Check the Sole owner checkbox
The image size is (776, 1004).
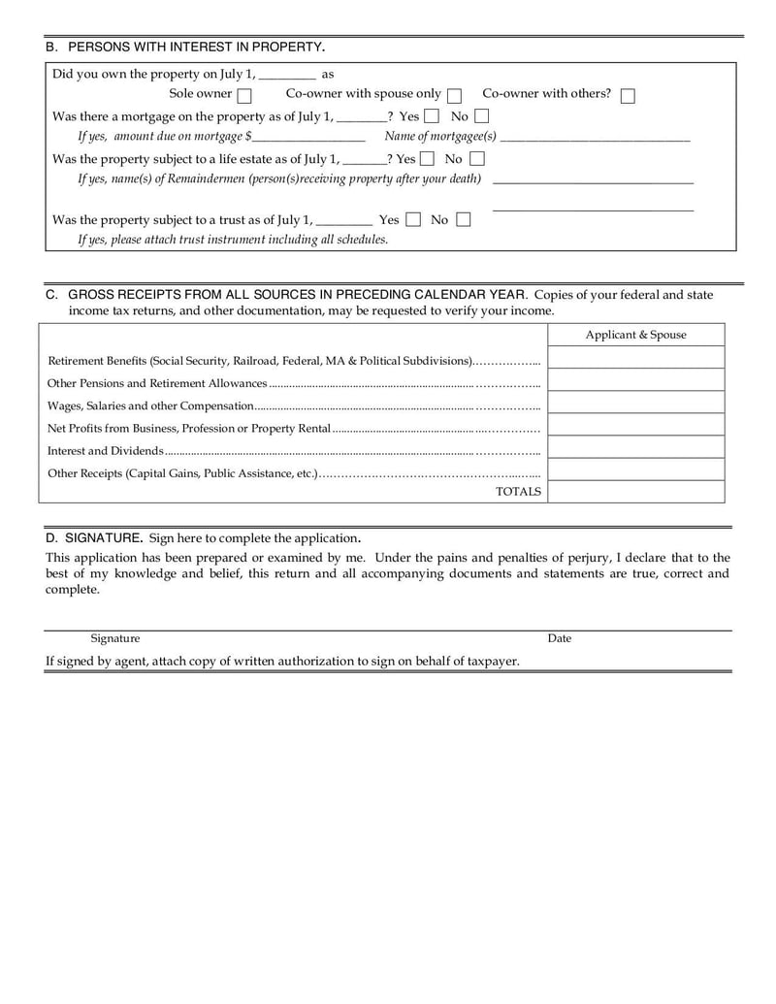pos(244,95)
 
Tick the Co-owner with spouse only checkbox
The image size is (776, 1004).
pos(454,95)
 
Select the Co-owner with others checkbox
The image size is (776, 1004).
pos(628,95)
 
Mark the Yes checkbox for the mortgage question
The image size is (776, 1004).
pos(432,116)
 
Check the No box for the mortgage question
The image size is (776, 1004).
pos(481,116)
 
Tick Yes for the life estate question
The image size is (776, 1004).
pos(427,159)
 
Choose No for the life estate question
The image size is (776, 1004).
pos(476,159)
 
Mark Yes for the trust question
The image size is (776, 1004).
pos(413,220)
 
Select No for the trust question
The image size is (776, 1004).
pos(463,220)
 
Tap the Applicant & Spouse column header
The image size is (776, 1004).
pos(635,335)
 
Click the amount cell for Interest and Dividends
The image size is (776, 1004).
pos(635,447)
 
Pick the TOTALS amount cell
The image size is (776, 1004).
pos(635,492)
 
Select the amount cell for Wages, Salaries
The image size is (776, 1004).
pos(635,403)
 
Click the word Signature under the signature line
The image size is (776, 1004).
pos(115,638)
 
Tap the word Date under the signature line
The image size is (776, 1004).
pos(560,638)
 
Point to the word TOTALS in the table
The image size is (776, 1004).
pos(518,492)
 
